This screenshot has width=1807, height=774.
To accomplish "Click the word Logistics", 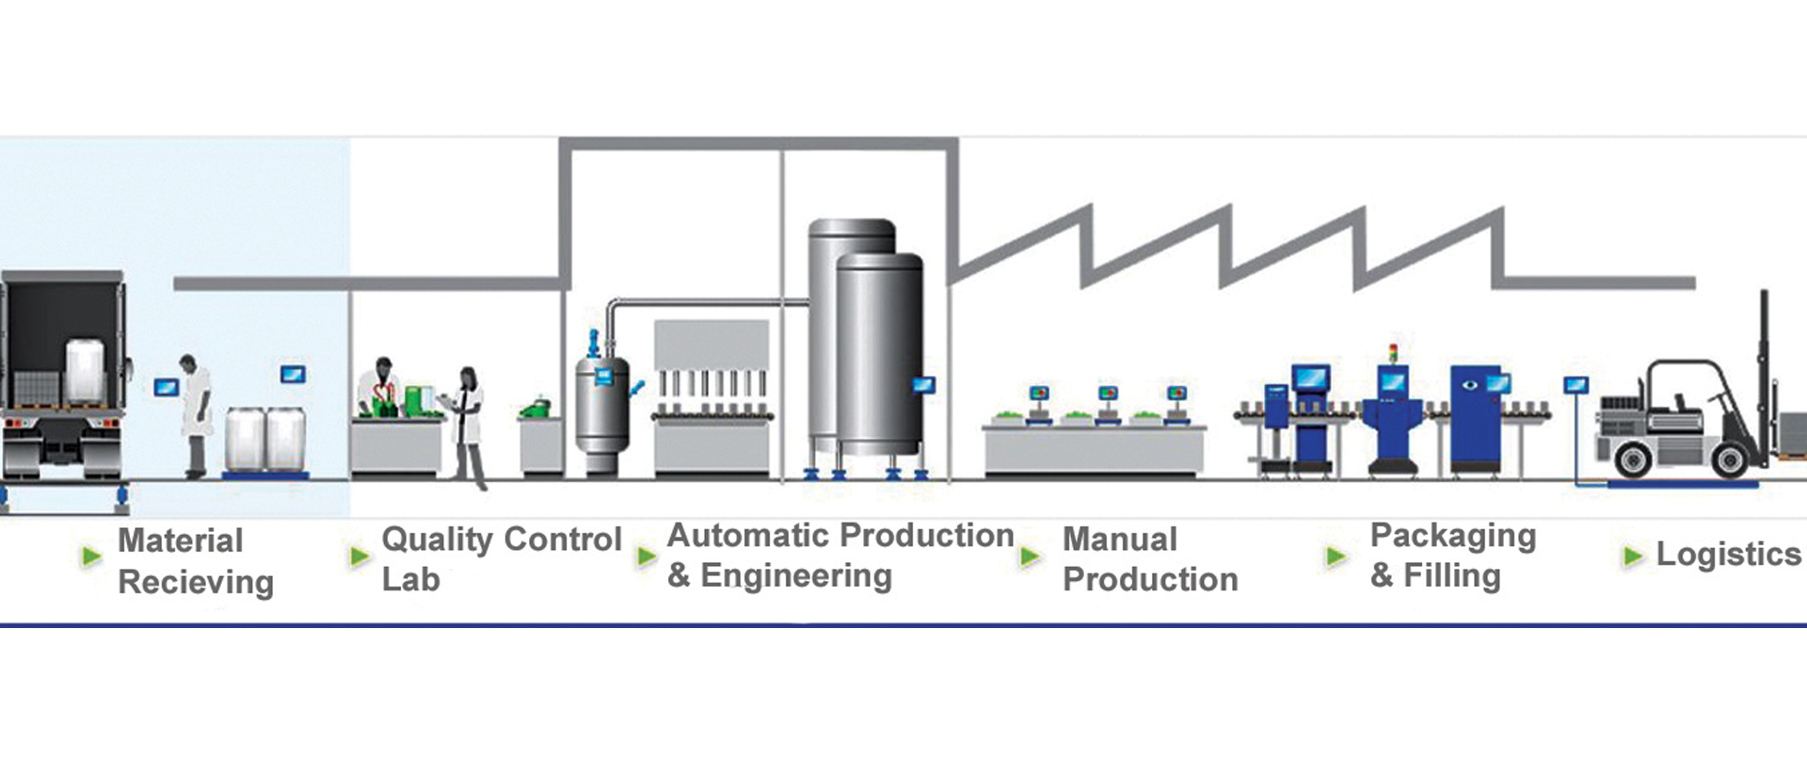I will coord(1728,554).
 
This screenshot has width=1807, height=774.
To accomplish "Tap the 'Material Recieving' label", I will coord(195,561).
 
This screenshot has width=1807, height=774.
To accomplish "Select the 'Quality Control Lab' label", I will coord(501,558).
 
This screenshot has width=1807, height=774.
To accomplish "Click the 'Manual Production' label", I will coord(1149,559).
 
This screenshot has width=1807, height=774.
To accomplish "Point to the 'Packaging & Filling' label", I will coord(1452,555).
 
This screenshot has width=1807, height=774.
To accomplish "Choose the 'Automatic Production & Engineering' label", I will coord(840,555).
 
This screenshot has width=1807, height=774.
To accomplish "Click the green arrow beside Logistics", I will coord(1633,556).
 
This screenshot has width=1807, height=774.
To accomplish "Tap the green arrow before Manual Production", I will coord(1031,556).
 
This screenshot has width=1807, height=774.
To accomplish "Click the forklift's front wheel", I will coord(1730,460).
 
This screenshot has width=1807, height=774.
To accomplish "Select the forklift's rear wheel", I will coord(1632,460).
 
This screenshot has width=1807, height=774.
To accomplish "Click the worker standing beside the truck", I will coord(196,414).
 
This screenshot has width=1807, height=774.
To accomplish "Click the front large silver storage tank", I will coord(880,358).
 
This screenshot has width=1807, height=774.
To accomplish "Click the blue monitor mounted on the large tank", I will coord(924,384).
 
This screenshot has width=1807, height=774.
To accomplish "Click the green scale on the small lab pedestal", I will coord(536,408).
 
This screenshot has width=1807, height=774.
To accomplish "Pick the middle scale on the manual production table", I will coord(1109,396).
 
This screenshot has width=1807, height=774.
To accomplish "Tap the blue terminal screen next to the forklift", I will coord(1575,385).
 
